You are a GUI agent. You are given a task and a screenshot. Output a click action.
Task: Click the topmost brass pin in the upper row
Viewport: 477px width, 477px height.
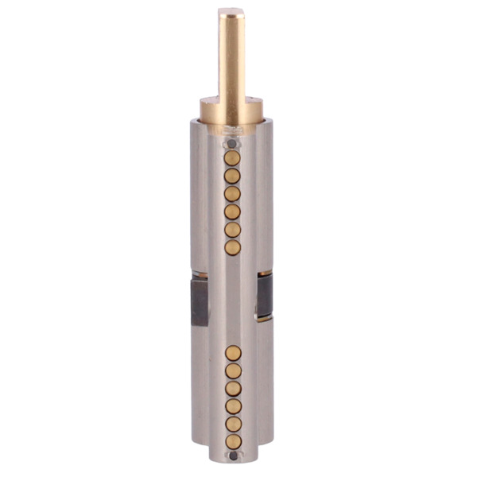tap(232, 157)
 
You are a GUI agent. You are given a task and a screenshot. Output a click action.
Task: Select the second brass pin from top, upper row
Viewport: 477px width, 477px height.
tap(232, 176)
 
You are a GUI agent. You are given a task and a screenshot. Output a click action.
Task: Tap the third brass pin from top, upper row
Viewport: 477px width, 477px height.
tap(232, 194)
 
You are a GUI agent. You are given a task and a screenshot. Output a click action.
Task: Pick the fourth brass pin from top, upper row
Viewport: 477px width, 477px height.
tap(232, 212)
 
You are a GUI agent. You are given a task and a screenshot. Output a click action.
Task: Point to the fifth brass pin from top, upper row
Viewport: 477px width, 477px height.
tap(232, 230)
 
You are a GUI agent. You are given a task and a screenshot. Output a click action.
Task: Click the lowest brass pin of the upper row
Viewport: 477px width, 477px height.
tap(232, 248)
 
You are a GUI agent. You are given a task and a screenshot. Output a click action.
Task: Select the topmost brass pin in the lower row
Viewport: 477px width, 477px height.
tap(233, 352)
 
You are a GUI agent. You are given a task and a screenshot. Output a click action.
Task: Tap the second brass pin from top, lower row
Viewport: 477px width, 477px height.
tap(233, 370)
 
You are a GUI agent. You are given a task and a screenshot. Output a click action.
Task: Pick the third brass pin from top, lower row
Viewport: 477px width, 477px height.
tap(233, 388)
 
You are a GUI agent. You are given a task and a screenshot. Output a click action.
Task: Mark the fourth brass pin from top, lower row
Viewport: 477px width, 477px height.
tap(233, 406)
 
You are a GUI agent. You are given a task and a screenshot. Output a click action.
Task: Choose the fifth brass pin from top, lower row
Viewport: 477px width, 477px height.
tap(233, 424)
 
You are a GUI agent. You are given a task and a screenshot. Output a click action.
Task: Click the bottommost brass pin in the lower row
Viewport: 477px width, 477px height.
tap(233, 441)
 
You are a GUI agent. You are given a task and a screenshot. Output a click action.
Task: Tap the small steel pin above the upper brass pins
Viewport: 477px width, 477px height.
tap(231, 144)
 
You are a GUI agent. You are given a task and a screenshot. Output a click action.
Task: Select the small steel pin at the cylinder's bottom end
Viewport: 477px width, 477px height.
tap(232, 456)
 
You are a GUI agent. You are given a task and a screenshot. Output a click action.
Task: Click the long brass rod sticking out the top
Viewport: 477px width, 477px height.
tap(231, 56)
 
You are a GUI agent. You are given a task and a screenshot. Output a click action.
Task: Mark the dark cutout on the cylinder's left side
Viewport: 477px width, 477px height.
tap(199, 302)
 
